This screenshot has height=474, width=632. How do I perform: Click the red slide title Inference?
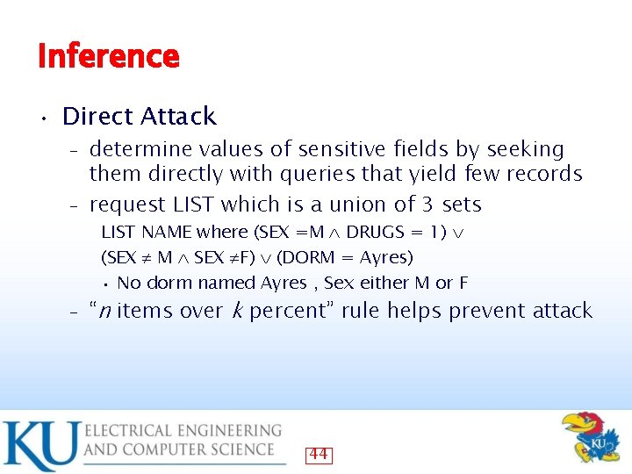(109, 56)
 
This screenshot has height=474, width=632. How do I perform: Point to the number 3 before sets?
(427, 205)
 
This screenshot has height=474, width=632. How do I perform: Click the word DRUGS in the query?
(376, 233)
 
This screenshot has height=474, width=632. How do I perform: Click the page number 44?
(319, 454)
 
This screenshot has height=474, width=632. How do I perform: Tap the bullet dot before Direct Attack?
(42, 117)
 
